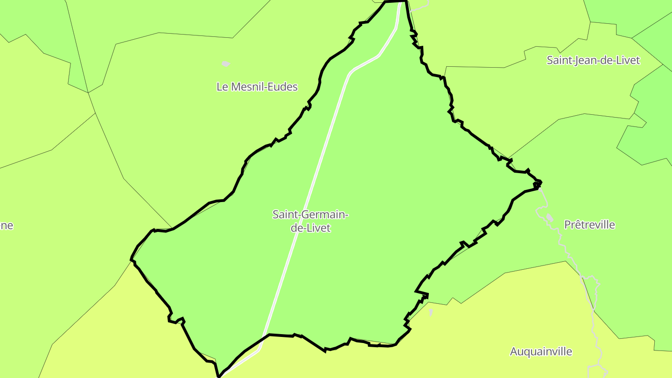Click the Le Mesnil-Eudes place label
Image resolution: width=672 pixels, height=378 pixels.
257,87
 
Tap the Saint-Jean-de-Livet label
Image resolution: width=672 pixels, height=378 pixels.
593,60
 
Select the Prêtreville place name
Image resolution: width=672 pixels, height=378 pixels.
589,225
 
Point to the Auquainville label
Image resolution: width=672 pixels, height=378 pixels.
541,352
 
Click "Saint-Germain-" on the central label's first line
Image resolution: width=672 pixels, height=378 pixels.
310,215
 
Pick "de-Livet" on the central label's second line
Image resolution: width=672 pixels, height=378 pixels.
310,228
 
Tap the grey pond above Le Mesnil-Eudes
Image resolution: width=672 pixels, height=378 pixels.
226,64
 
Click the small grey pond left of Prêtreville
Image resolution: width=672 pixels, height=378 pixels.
549,217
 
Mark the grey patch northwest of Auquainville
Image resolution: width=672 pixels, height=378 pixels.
431,312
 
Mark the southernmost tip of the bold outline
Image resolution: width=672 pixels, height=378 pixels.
218,376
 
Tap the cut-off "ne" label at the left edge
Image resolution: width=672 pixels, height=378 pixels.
6,226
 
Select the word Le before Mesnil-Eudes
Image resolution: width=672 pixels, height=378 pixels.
222,87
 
